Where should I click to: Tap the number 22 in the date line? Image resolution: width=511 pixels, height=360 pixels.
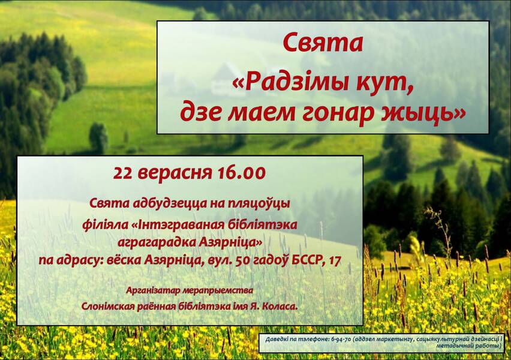123,173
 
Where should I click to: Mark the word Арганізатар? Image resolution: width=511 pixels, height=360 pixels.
152,290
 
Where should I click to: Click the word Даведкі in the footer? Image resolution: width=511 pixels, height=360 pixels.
276,340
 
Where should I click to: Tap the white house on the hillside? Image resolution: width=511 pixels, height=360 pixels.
229,79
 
